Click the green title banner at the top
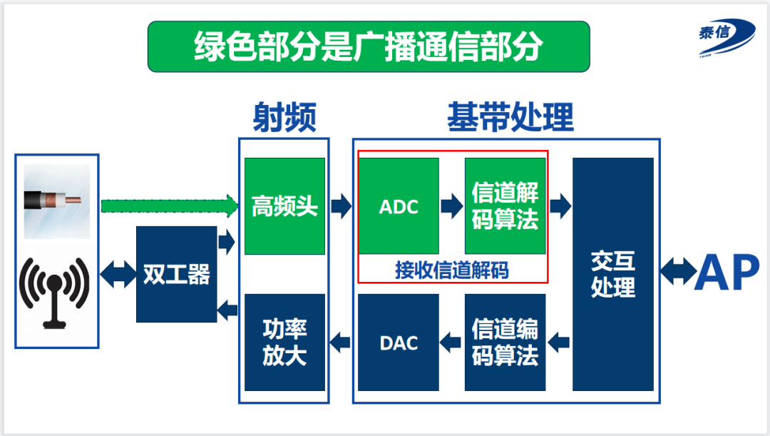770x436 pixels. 368,46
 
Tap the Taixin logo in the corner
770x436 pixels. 724,36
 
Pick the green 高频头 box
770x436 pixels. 284,206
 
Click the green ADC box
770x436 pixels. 399,206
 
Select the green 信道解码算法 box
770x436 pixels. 505,206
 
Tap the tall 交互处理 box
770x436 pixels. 613,274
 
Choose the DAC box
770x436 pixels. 399,343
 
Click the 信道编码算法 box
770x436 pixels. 505,343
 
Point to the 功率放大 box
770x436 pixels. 284,343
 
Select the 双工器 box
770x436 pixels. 176,274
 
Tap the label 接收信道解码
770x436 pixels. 452,270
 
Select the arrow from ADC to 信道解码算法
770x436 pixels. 452,206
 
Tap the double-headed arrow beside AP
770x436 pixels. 676,272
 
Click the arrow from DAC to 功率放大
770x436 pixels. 341,343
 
